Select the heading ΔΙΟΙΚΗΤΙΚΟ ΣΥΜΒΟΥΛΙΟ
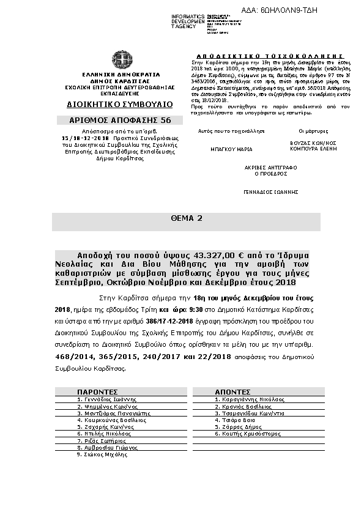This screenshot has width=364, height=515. coord(120,104)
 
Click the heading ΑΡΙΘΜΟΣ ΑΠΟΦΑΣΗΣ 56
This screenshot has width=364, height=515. coord(120,120)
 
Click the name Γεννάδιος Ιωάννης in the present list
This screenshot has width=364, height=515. coord(103,399)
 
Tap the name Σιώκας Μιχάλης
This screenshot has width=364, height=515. coord(102,454)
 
